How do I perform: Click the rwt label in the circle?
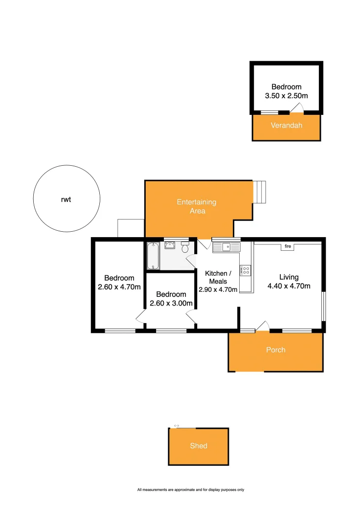pyautogui.click(x=67, y=200)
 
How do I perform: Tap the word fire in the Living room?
pyautogui.click(x=288, y=247)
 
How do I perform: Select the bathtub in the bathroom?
pyautogui.click(x=153, y=256)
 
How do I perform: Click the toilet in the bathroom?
pyautogui.click(x=185, y=247)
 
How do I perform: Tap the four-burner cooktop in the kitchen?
pyautogui.click(x=245, y=269)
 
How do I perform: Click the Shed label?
pyautogui.click(x=199, y=446)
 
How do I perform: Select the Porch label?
pyautogui.click(x=275, y=350)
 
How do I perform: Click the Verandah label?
pyautogui.click(x=287, y=125)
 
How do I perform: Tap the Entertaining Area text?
pyautogui.click(x=197, y=206)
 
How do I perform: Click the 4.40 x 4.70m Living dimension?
pyautogui.click(x=289, y=286)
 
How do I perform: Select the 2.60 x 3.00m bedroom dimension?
pyautogui.click(x=171, y=304)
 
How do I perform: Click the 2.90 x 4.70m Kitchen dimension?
pyautogui.click(x=218, y=289)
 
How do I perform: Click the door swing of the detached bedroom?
pyautogui.click(x=297, y=109)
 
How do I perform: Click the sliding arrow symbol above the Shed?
pyautogui.click(x=176, y=426)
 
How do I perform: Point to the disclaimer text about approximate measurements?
pyautogui.click(x=191, y=489)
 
